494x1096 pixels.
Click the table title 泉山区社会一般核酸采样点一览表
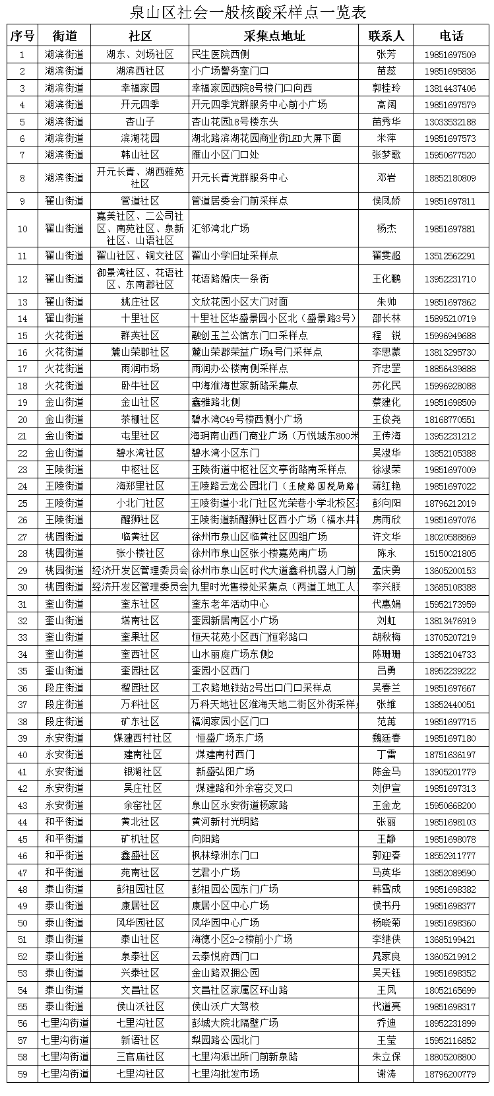click(x=247, y=13)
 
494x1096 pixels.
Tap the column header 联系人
click(x=386, y=36)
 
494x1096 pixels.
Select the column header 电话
click(x=451, y=36)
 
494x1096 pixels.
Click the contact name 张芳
click(x=386, y=54)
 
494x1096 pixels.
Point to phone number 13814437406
click(x=450, y=88)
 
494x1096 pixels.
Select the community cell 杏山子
click(x=140, y=121)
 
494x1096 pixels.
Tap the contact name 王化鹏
click(x=386, y=278)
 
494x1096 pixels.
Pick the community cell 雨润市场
click(x=140, y=368)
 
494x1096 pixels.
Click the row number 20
click(x=23, y=419)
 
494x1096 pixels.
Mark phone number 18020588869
click(x=450, y=536)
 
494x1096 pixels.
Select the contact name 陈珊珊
click(x=386, y=654)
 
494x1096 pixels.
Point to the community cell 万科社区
click(x=140, y=704)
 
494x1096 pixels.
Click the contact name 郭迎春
click(x=386, y=855)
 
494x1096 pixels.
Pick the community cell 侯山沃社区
click(x=140, y=1006)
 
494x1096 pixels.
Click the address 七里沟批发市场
click(x=225, y=1074)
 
